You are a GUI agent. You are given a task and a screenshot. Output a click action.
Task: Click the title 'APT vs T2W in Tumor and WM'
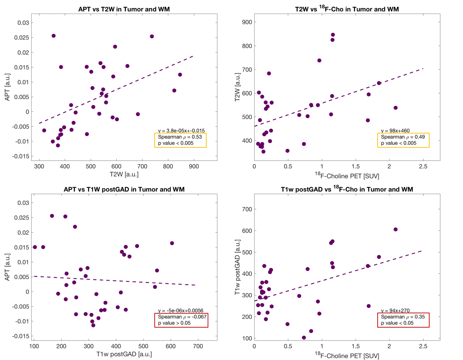124,9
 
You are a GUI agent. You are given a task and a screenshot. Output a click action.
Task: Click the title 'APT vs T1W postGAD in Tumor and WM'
124,189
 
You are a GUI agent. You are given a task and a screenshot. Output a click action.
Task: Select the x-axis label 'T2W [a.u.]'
124,174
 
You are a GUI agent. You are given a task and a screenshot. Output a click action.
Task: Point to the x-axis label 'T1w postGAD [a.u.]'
124,354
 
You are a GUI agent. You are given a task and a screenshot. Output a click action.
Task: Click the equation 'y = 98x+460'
395,131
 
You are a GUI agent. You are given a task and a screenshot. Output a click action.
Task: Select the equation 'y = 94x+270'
395,311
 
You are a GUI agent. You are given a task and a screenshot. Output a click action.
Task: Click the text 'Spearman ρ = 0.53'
180,137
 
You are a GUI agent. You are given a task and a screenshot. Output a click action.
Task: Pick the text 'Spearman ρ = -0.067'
182,317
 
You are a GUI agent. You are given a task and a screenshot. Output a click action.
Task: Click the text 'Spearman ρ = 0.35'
403,317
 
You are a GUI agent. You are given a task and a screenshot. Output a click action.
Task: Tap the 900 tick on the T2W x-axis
194,167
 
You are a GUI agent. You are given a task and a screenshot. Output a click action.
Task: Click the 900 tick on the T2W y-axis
247,22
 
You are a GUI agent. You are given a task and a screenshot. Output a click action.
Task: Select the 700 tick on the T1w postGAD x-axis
198,346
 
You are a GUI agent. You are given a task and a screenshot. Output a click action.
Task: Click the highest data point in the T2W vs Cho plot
333,35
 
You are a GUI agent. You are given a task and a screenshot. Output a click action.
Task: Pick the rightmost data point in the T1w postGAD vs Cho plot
395,229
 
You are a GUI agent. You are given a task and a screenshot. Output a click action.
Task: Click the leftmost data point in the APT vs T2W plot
44,130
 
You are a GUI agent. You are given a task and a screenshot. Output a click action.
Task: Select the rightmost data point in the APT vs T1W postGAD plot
172,243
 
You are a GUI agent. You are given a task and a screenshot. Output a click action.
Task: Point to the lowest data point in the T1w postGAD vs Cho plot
304,338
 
